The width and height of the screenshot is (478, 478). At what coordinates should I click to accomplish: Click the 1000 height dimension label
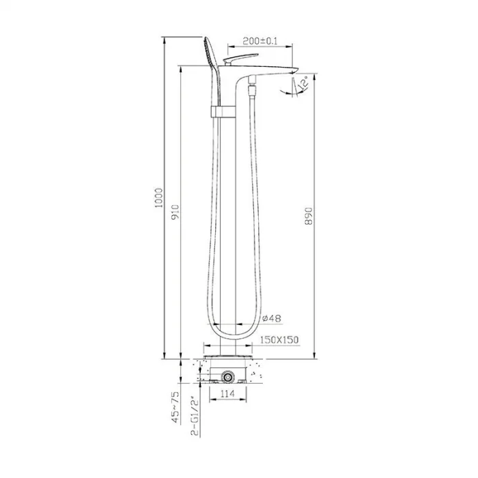click(159, 198)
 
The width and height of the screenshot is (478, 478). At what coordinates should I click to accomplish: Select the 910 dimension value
click(175, 212)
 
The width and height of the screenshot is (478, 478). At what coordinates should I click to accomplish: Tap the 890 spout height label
click(309, 216)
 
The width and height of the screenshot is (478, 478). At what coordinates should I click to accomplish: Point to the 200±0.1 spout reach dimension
click(260, 41)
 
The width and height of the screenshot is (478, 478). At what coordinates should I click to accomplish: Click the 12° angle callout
click(303, 83)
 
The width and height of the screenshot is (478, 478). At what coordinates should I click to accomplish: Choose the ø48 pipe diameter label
click(271, 318)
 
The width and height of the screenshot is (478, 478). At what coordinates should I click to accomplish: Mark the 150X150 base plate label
click(279, 339)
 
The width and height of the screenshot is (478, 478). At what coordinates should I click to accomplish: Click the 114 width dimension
click(227, 393)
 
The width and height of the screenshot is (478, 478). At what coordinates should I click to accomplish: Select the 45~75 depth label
click(175, 407)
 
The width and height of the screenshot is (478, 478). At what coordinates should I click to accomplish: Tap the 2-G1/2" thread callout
click(195, 416)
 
